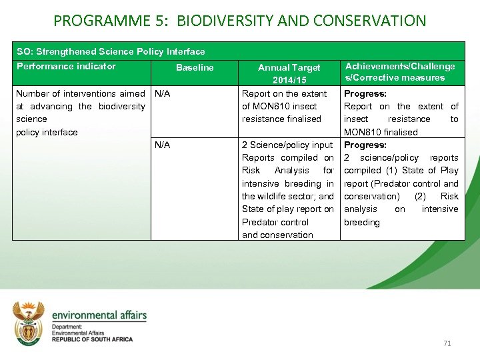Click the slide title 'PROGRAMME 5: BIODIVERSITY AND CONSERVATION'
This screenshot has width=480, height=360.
tap(239, 21)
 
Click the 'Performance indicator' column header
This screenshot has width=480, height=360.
tap(66, 66)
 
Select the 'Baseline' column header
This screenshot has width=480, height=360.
tap(195, 67)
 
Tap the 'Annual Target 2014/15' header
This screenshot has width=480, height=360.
tap(289, 73)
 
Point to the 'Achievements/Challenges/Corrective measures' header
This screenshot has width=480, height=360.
tap(399, 71)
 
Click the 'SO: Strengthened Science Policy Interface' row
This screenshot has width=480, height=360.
tap(111, 51)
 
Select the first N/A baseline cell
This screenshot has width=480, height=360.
tap(162, 93)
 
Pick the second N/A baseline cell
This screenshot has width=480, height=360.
tap(162, 145)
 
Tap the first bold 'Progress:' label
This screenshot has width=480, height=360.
tap(365, 93)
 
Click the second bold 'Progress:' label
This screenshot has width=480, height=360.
tap(365, 145)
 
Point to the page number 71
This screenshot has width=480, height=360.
tap(447, 343)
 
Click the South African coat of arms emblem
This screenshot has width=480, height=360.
tap(29, 323)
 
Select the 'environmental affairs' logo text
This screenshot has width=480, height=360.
tap(99, 315)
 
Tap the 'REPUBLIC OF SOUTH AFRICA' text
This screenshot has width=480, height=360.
tap(92, 339)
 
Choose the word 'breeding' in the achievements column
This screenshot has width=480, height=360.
tap(361, 222)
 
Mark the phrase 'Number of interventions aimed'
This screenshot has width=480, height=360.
tap(80, 93)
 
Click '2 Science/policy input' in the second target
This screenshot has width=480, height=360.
tap(287, 145)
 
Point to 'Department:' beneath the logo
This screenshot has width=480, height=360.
tap(67, 327)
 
